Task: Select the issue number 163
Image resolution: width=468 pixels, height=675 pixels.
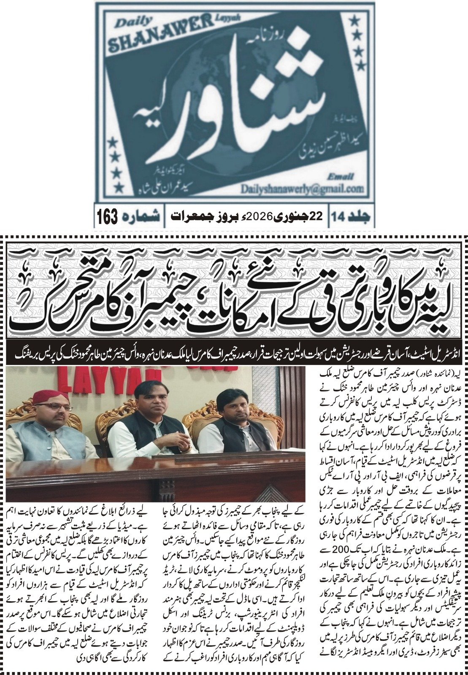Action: pos(108,217)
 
